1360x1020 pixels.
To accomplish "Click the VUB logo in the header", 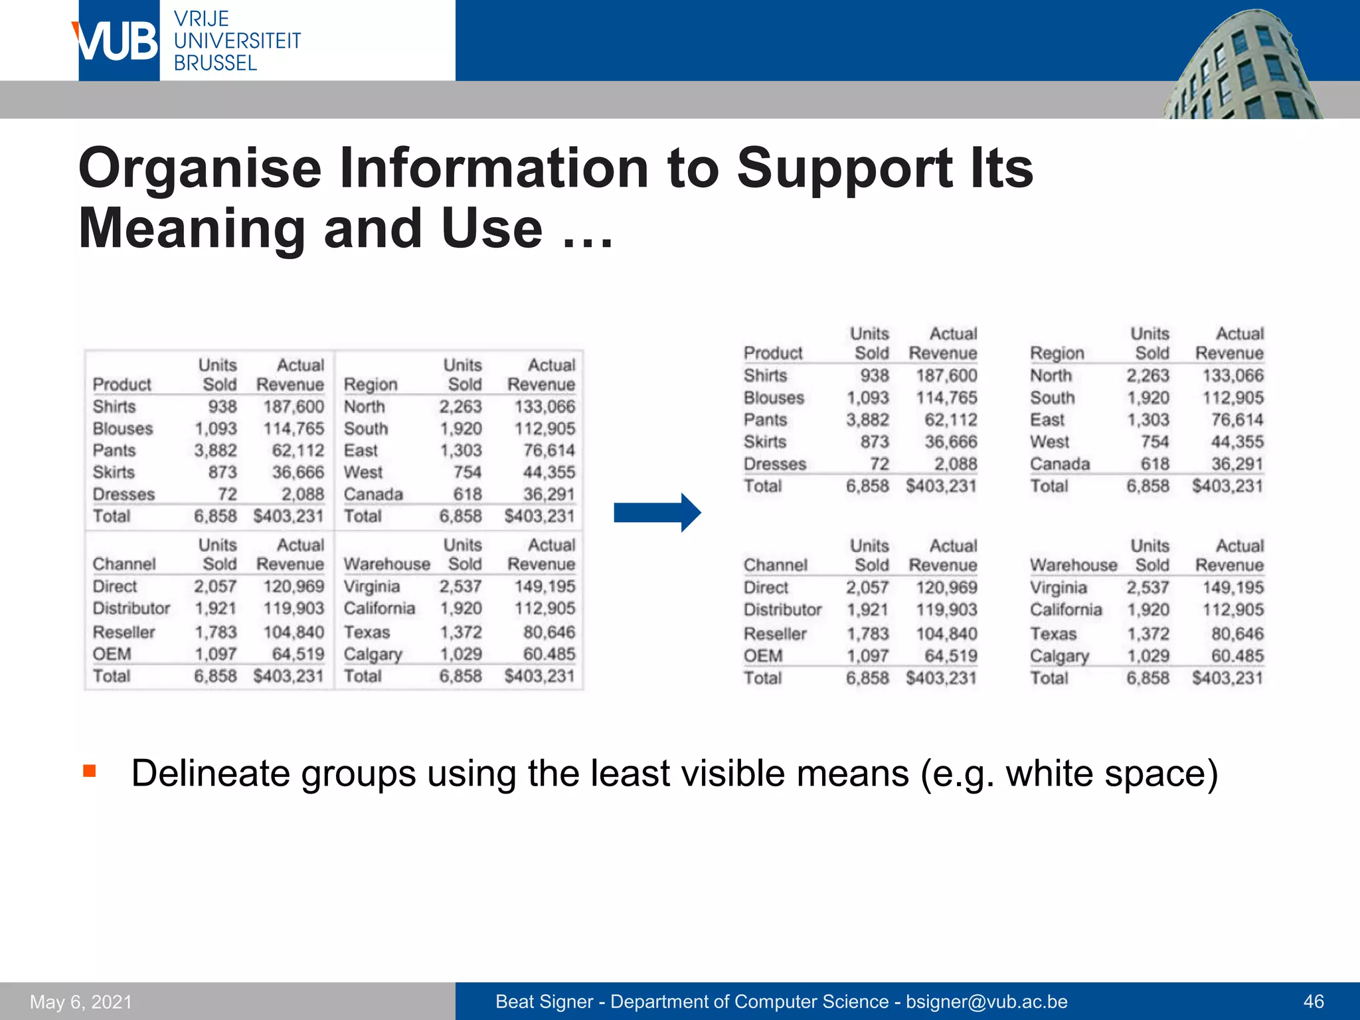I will coord(118,41).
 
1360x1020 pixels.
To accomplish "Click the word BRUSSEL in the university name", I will coord(215,63).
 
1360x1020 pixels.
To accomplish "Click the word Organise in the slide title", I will coord(200,169).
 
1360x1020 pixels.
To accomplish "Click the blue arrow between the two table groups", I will coord(657,513).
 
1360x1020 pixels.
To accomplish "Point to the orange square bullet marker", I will coord(90,771).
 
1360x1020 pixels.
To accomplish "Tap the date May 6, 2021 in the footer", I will coord(81,1001).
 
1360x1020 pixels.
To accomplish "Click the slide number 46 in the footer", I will coord(1313,1001).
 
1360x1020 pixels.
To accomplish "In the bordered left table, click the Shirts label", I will coord(114,406).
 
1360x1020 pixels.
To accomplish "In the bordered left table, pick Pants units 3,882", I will coord(215,450).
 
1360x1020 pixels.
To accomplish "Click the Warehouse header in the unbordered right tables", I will coord(1073,565).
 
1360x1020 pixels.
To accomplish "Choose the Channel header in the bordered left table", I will coord(124,564).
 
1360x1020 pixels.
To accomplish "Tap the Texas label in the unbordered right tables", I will coord(1053,634).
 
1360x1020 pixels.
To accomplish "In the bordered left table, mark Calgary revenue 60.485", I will coord(549,654).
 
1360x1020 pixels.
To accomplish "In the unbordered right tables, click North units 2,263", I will coord(1147,375).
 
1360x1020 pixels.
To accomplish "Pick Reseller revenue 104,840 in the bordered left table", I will coord(294,632).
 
